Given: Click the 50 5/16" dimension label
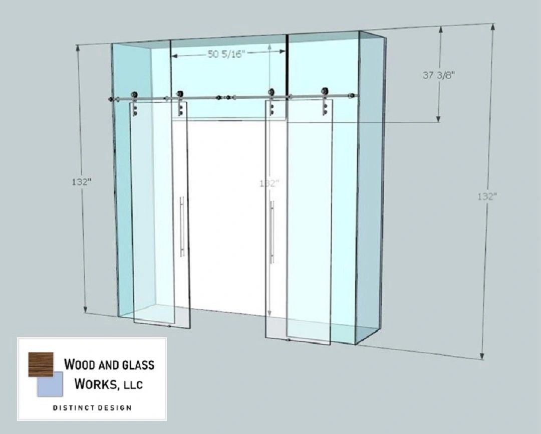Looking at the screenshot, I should [x=225, y=55].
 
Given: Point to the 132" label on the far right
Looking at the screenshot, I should [x=486, y=196].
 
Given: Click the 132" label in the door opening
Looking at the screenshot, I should [x=269, y=183].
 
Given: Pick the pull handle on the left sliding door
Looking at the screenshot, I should [x=182, y=227].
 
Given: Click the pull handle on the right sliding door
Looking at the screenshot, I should [x=272, y=232].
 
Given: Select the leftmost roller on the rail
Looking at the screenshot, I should [x=134, y=95].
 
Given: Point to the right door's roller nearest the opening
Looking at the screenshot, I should [x=272, y=93].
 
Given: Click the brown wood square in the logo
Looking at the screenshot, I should [x=41, y=364].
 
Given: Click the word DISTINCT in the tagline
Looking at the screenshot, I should [x=72, y=407].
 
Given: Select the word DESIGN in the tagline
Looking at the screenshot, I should [x=114, y=407].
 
